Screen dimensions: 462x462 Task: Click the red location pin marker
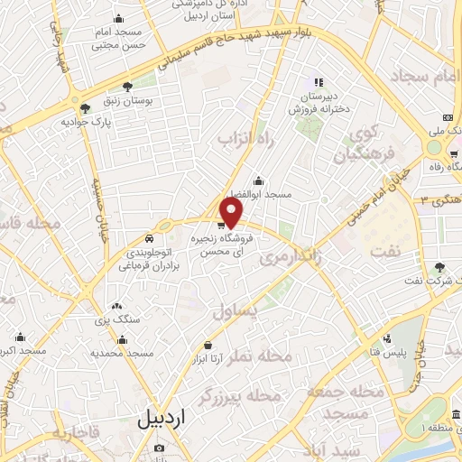coord(232,212)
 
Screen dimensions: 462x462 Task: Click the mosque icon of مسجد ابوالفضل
coord(259,180)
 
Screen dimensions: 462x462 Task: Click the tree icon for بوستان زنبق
coord(129,88)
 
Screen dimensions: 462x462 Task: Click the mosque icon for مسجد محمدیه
coord(122,340)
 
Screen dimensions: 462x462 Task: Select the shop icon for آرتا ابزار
coord(208,345)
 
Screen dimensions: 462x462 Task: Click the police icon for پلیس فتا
coord(387,339)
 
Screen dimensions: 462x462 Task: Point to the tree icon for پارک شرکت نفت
coord(439,266)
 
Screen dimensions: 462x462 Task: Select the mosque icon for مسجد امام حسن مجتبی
coord(120,19)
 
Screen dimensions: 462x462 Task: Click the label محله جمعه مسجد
coord(337,402)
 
